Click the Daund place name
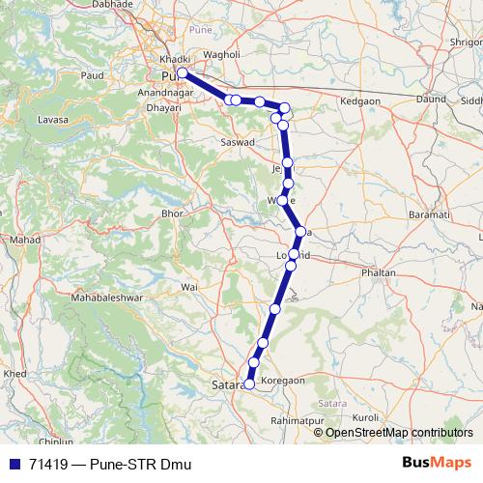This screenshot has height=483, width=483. (x=430, y=99)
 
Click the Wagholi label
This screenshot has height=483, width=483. (x=221, y=55)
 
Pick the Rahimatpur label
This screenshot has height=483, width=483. (x=298, y=421)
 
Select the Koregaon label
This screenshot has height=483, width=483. (x=283, y=381)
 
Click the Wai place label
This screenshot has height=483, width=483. (x=189, y=287)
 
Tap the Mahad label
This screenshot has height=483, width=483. (x=21, y=239)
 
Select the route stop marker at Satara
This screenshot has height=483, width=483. (x=249, y=384)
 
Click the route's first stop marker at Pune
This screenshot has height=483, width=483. (x=182, y=72)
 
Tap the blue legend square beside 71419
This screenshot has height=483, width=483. (x=12, y=464)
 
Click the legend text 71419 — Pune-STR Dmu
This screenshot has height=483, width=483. (x=110, y=464)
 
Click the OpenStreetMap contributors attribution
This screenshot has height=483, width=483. (x=398, y=433)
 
